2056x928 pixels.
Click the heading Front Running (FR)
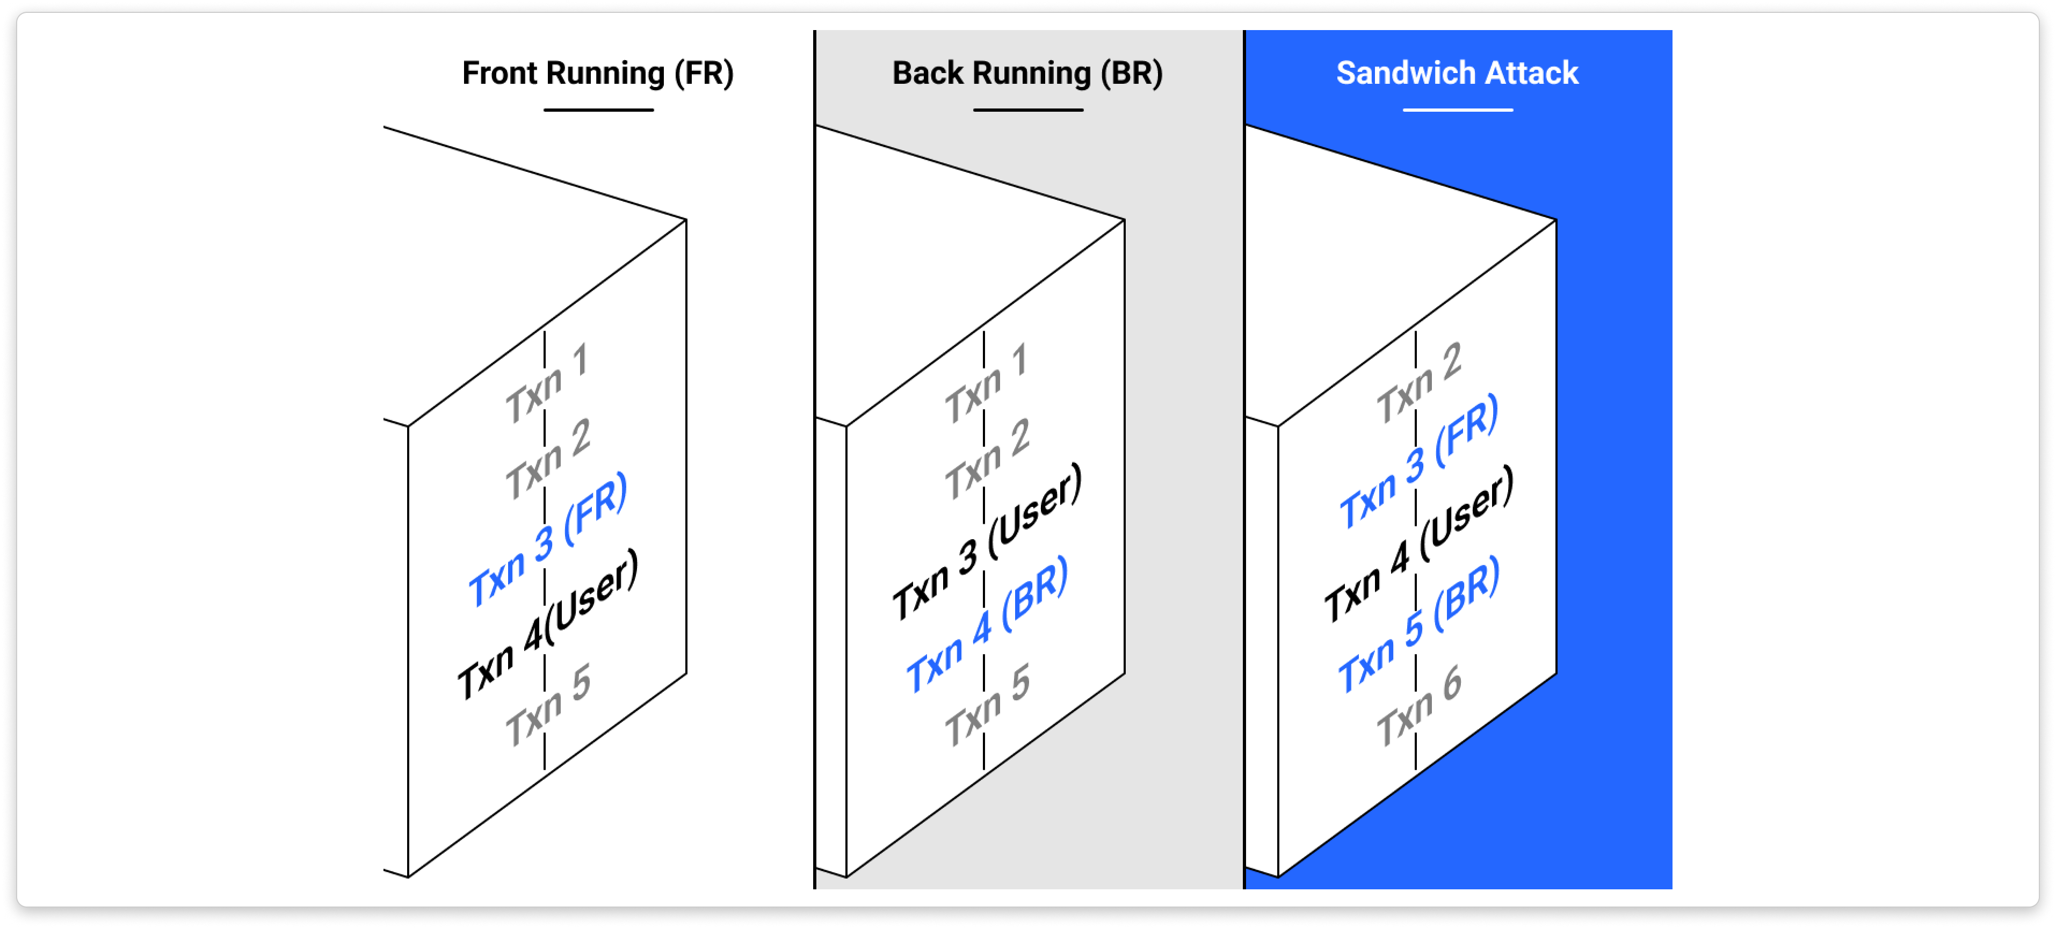pos(597,74)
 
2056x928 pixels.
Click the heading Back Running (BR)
pos(1027,74)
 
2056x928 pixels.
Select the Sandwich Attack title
pos(1457,74)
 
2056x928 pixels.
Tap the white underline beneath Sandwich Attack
pos(1457,110)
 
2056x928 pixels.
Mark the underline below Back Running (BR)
pos(1028,110)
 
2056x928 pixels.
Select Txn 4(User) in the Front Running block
pos(547,625)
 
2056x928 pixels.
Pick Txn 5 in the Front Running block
pos(547,705)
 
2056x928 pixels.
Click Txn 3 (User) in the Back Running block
pos(987,542)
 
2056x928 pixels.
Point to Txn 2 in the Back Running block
pos(987,460)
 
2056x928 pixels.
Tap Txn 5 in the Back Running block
pos(987,705)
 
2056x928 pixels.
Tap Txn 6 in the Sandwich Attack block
pos(1418,705)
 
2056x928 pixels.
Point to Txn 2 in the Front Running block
pos(547,460)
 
